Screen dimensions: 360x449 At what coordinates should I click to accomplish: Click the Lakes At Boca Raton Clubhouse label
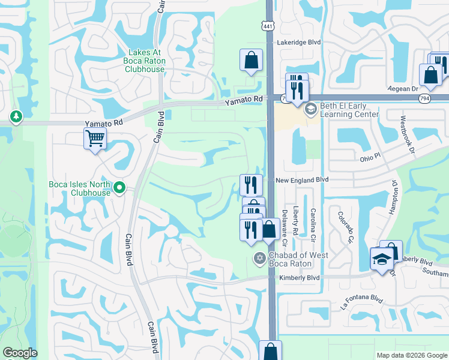[x=144, y=61]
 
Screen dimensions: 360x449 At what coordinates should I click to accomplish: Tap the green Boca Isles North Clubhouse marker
[x=119, y=189]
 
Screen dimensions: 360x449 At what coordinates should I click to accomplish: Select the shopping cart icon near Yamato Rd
[x=95, y=139]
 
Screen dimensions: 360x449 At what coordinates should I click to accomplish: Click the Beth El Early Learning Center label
[x=349, y=110]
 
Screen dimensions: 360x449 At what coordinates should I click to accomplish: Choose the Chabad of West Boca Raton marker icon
[x=259, y=259]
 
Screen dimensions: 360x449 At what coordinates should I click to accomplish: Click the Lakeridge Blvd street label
[x=298, y=43]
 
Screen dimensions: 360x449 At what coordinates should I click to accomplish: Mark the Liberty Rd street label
[x=295, y=221]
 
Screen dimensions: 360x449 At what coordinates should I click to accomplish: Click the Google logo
[x=20, y=353]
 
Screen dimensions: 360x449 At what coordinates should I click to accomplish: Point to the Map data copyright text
[x=411, y=355]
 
